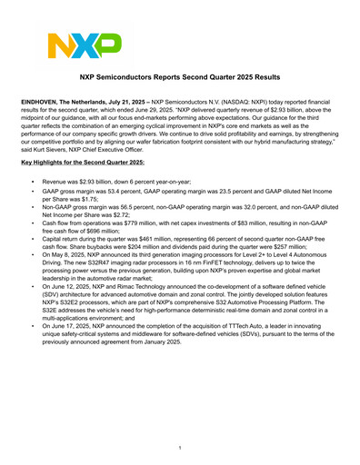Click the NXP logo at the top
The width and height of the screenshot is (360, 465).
click(83, 45)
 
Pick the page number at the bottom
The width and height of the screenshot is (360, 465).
click(180, 448)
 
